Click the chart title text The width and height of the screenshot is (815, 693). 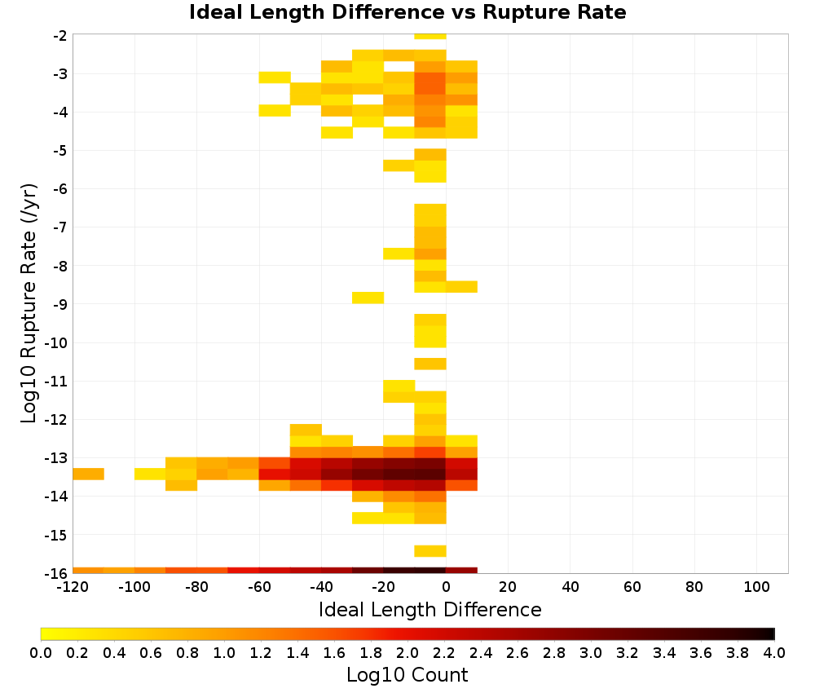point(407,12)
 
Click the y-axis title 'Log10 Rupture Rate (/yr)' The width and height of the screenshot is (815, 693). point(29,303)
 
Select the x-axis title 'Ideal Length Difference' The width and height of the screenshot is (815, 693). point(430,609)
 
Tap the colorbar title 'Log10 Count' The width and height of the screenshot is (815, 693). point(407,675)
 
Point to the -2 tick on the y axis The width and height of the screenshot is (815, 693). point(60,35)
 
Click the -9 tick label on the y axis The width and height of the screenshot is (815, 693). point(60,304)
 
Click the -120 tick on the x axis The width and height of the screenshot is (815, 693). point(73,588)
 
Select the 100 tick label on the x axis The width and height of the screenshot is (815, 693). point(756,588)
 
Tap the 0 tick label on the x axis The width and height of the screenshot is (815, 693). point(446,588)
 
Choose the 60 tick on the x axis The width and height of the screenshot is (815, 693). point(632,588)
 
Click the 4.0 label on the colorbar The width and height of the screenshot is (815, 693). point(774,653)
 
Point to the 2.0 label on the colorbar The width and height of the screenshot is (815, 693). point(407,653)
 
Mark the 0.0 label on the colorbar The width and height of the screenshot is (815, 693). point(41,653)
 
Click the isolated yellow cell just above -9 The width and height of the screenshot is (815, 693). point(368,298)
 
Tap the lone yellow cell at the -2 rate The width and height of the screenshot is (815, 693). point(430,37)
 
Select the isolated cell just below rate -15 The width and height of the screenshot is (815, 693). point(430,551)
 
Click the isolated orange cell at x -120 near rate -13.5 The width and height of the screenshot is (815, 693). point(88,475)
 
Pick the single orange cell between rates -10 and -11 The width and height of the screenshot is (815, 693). point(430,364)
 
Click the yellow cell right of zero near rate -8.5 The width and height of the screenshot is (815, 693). point(461,286)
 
